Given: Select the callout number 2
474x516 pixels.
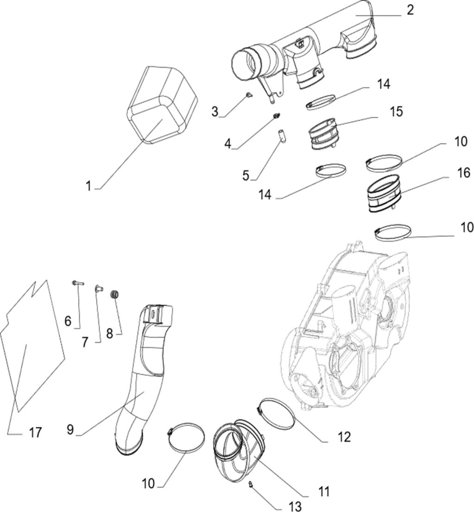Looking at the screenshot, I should point(410,10).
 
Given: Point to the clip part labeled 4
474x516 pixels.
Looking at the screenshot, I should point(277,115).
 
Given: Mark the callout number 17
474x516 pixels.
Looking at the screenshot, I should point(35,433).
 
